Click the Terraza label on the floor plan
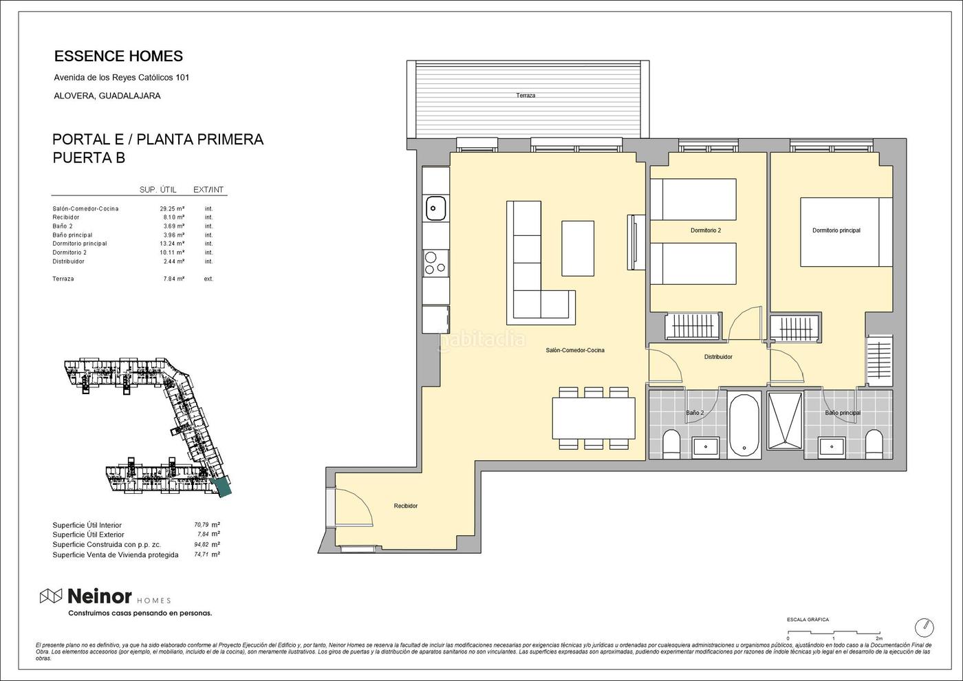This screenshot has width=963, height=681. [526, 96]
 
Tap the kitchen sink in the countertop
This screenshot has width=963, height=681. [435, 208]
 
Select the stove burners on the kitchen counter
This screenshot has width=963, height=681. [435, 263]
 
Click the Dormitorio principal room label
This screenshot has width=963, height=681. [836, 230]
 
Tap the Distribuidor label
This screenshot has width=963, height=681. [718, 357]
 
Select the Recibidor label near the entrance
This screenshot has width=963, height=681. [405, 506]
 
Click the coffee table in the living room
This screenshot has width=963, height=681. [578, 248]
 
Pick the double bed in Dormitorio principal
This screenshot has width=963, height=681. [846, 233]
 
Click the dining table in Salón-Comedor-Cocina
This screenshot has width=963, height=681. [593, 418]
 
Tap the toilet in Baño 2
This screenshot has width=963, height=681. [671, 444]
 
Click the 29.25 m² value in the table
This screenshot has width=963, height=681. [172, 208]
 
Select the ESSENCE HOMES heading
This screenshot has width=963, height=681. [118, 56]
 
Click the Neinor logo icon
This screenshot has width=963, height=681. [51, 596]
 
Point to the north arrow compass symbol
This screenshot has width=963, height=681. [924, 627]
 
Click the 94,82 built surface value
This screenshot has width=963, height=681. [201, 544]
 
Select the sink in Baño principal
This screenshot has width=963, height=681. [832, 448]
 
